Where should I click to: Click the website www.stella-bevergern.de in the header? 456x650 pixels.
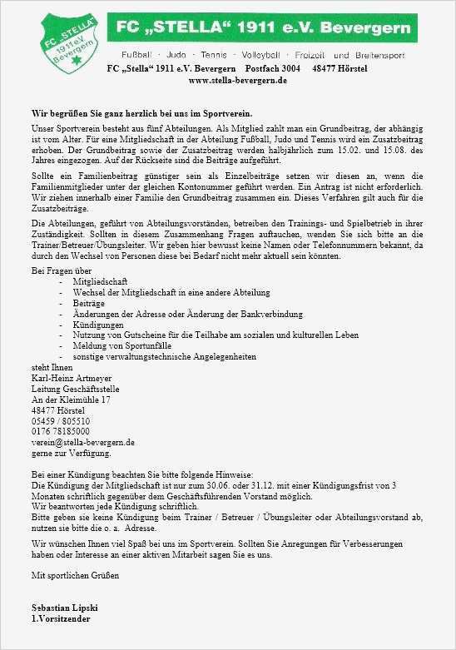238,81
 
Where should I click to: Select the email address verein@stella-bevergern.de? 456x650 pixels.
82,443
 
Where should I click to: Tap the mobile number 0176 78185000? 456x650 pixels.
61,432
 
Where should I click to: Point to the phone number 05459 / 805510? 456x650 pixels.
59,421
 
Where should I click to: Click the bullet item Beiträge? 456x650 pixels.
88,303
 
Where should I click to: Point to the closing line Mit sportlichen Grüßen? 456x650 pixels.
75,575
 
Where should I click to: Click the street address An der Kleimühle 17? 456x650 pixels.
71,399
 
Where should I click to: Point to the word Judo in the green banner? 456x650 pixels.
179,55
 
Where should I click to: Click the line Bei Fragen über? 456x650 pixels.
60,270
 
